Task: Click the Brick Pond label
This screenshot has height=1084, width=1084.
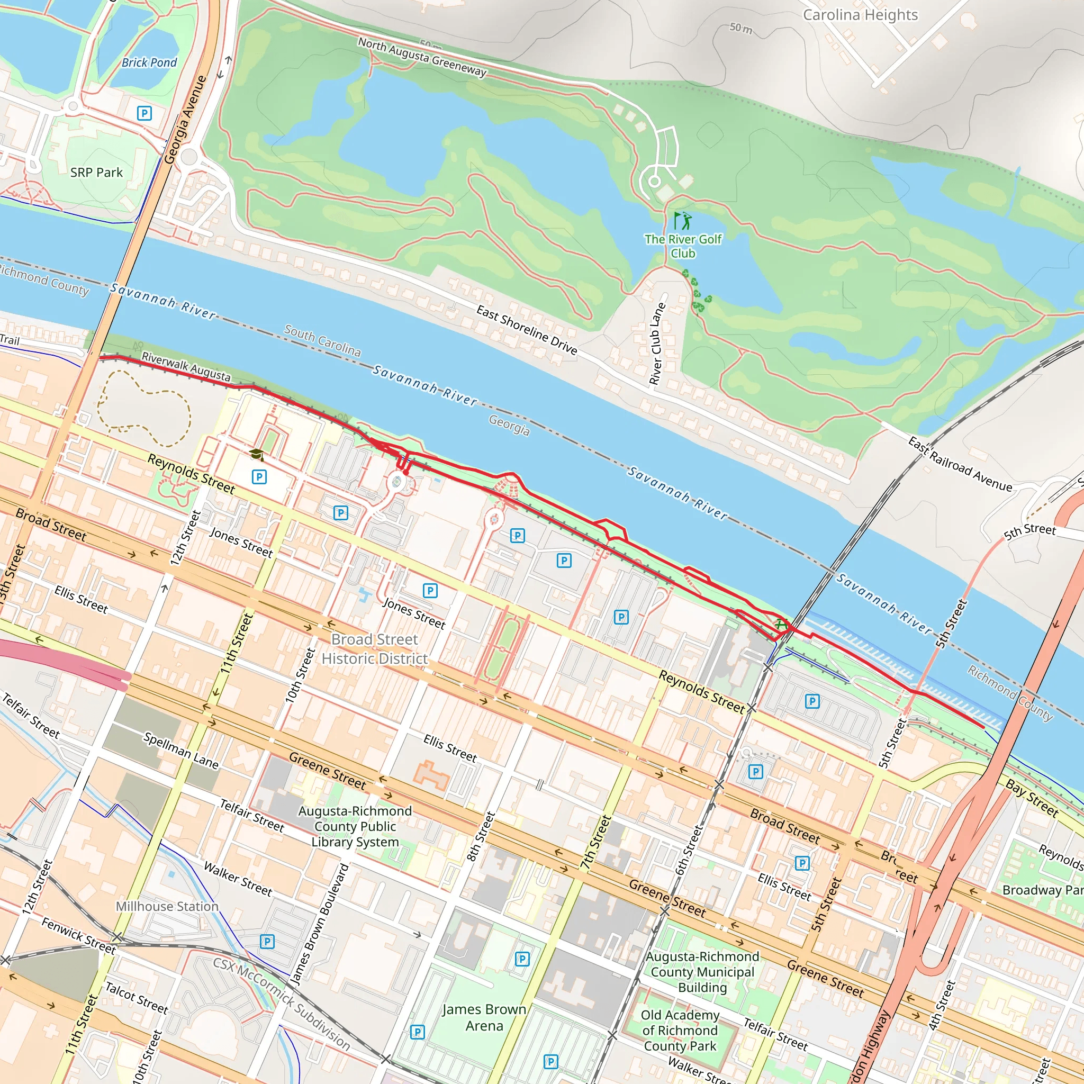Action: pyautogui.click(x=149, y=63)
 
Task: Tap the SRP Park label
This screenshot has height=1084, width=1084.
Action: pyautogui.click(x=96, y=173)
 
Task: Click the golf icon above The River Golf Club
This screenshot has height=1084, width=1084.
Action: pyautogui.click(x=683, y=221)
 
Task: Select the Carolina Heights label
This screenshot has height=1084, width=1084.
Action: pyautogui.click(x=860, y=15)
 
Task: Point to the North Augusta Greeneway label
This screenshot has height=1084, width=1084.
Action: pyautogui.click(x=422, y=57)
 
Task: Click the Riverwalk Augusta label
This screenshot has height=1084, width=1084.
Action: pyautogui.click(x=186, y=367)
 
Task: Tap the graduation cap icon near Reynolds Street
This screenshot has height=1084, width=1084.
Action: pyautogui.click(x=256, y=455)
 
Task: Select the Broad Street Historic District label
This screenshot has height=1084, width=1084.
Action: pyautogui.click(x=374, y=648)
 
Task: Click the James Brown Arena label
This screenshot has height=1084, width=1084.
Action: pyautogui.click(x=484, y=1017)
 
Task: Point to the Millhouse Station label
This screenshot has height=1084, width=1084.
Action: pyautogui.click(x=167, y=906)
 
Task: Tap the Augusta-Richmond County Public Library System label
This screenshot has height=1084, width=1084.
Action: pyautogui.click(x=355, y=826)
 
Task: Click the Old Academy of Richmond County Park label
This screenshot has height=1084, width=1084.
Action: pyautogui.click(x=680, y=1030)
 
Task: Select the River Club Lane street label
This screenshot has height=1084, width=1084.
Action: pyautogui.click(x=657, y=344)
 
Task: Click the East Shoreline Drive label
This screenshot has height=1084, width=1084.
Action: pyautogui.click(x=526, y=329)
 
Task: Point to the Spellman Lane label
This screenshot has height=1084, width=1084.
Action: pyautogui.click(x=180, y=750)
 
